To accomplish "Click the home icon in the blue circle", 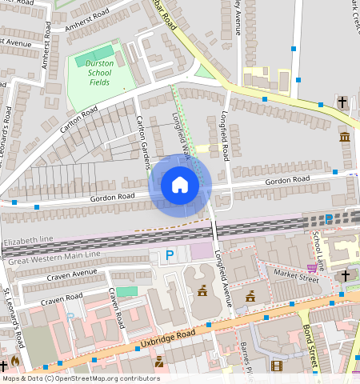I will pos(180,186).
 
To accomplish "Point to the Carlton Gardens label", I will pos(144,142).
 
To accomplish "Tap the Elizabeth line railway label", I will pos(28,240).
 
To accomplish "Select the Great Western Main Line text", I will pos(53,256).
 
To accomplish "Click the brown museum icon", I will pos(345,138).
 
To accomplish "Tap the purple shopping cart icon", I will pos(311,268).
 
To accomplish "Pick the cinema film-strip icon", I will pos(276,366).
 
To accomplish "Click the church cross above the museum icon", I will pos(342,102).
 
